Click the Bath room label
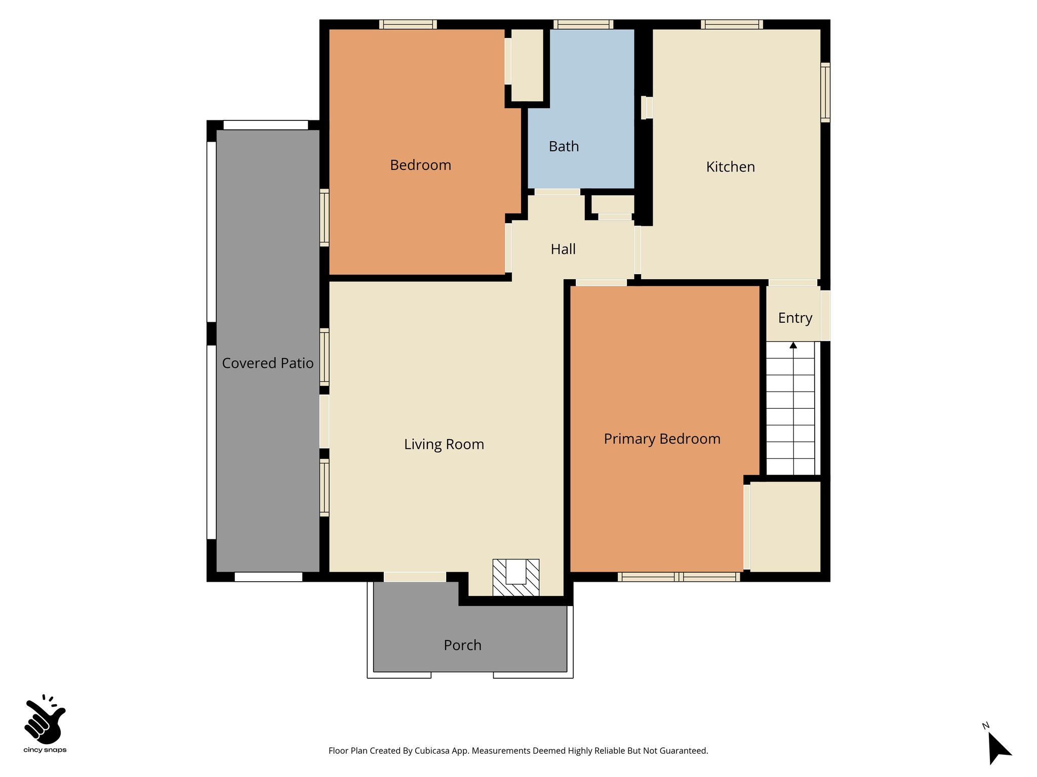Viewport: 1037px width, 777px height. pos(564,147)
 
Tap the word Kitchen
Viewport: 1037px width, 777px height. pos(730,167)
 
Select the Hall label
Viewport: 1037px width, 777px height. pos(563,249)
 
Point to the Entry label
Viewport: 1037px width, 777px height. pos(795,318)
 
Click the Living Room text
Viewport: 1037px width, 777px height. pos(444,445)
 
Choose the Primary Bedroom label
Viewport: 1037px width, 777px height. pos(662,439)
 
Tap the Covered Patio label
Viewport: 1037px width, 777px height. pos(268,363)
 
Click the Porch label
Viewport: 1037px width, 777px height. pos(462,645)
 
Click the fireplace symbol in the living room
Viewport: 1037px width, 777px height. pos(516,577)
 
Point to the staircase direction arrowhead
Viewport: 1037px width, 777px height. pos(793,346)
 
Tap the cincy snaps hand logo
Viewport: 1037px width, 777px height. pos(45,718)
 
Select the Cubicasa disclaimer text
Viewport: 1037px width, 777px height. pos(518,751)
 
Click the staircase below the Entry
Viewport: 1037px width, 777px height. pos(790,408)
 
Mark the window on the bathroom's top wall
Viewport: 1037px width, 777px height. pos(583,24)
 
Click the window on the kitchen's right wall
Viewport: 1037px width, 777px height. pos(825,93)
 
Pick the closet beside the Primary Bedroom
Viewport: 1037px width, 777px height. pos(785,527)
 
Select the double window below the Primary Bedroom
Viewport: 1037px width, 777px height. pos(679,577)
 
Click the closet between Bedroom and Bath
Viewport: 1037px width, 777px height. pos(527,65)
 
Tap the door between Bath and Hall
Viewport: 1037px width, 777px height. pos(557,192)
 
